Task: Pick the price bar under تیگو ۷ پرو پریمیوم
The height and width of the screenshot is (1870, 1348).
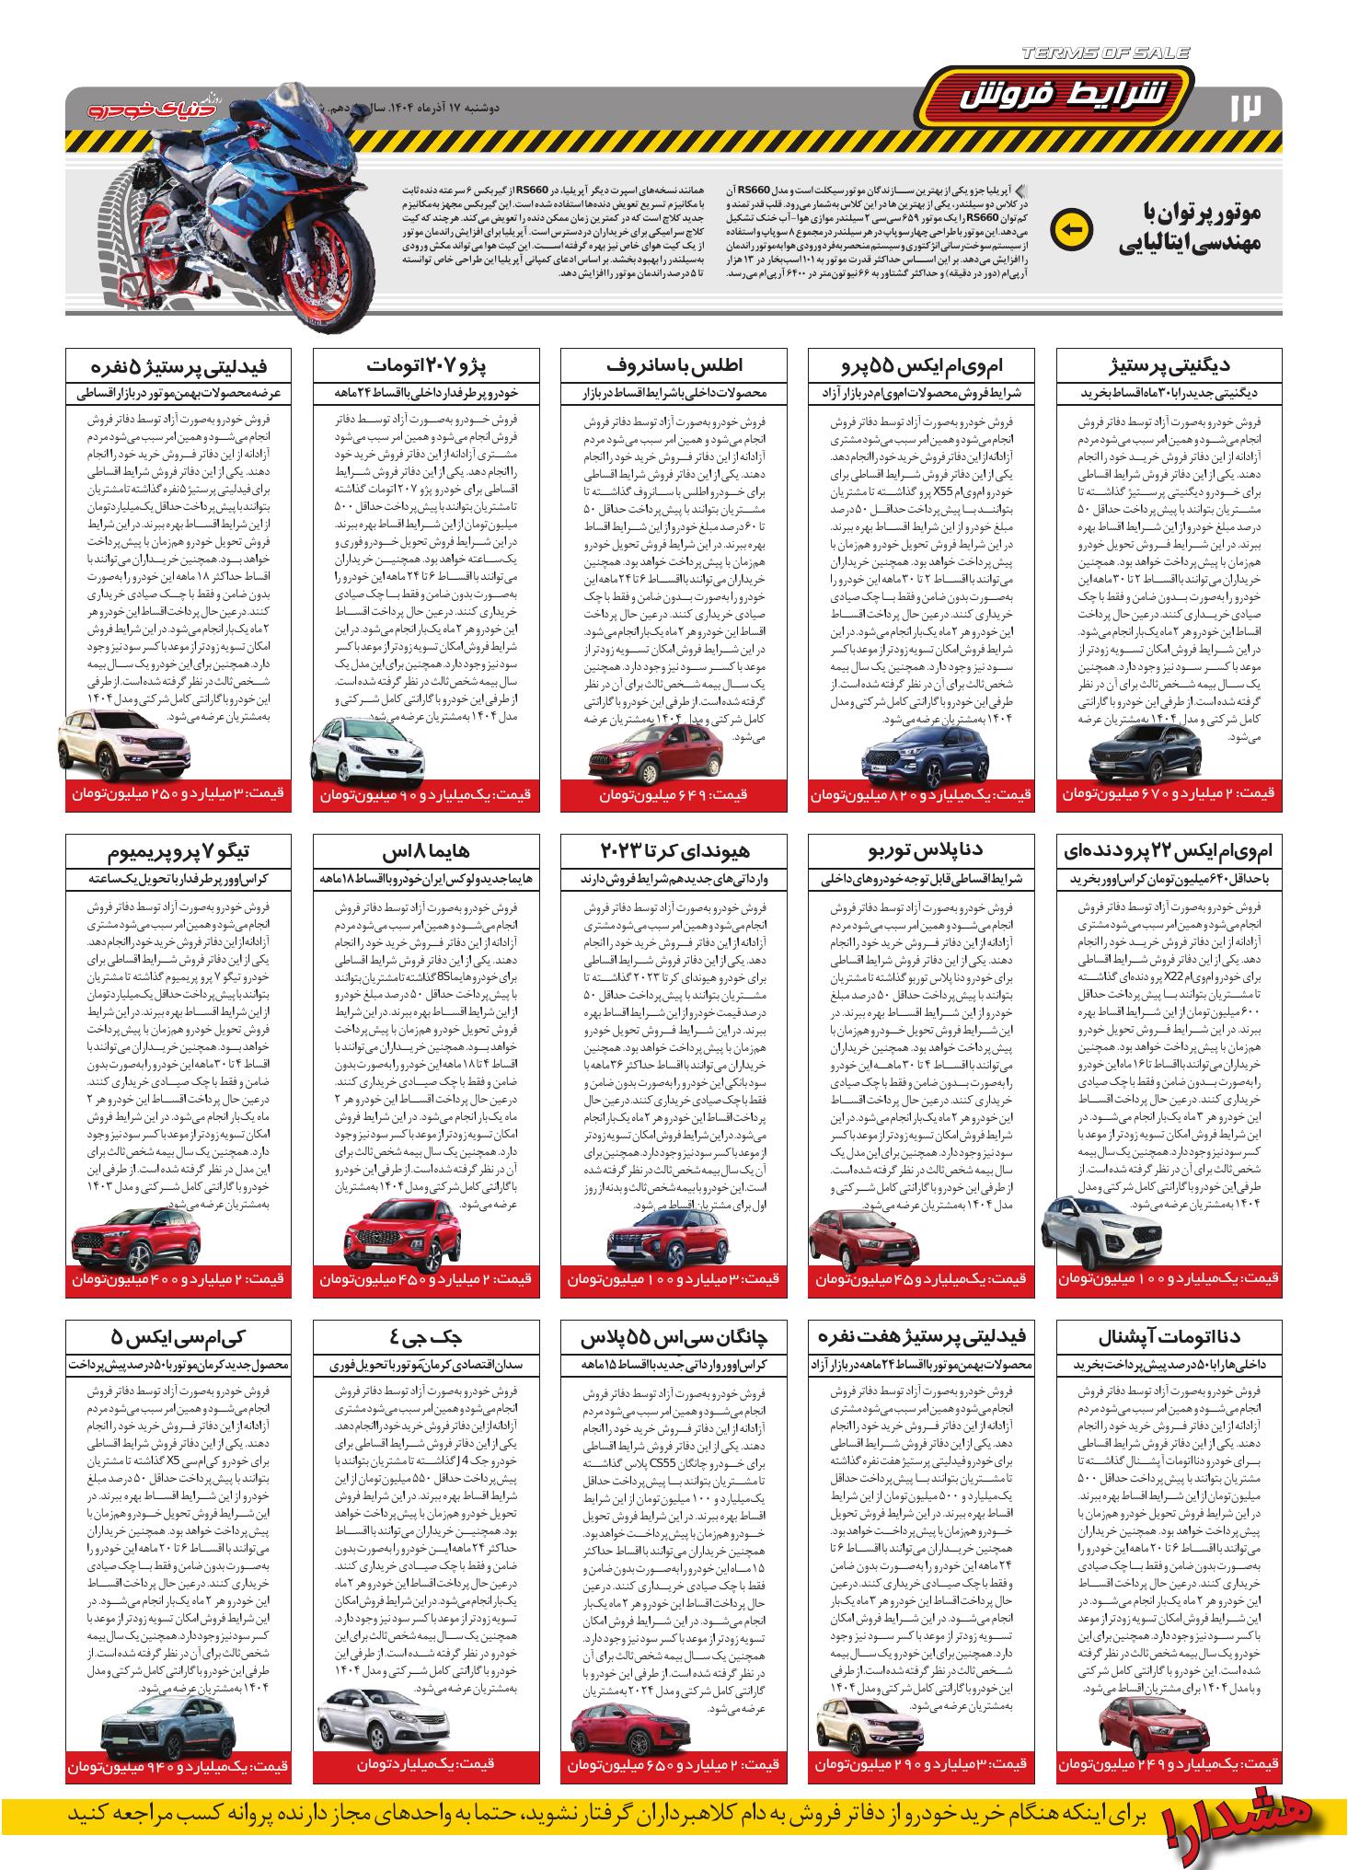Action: click(179, 1279)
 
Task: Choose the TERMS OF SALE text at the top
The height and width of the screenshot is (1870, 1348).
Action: click(1103, 53)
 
